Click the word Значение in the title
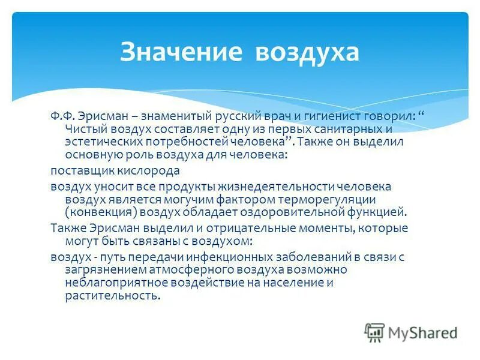point(182,52)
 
